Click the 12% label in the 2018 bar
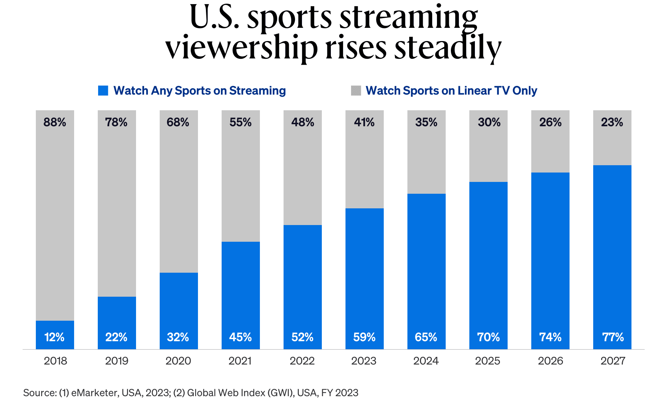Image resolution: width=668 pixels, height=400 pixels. tap(55, 337)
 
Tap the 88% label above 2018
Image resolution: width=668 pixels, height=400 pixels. tap(55, 122)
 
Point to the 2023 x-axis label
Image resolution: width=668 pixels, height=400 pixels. tap(364, 361)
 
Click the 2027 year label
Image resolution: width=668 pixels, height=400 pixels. tap(613, 361)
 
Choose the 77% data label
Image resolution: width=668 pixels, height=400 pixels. tap(613, 337)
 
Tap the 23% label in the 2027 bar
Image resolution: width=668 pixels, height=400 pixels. tap(612, 122)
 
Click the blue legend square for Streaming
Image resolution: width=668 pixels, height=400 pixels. tap(103, 90)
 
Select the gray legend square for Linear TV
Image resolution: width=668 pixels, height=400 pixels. tap(356, 90)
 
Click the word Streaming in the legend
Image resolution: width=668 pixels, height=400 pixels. tap(257, 90)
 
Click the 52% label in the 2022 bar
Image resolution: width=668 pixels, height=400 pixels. tap(302, 337)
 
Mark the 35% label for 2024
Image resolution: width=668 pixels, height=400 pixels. tap(426, 122)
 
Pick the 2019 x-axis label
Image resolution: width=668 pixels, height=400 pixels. tap(117, 361)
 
